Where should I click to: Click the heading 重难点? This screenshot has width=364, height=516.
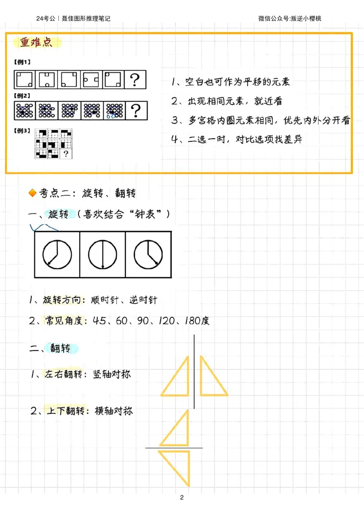(36, 43)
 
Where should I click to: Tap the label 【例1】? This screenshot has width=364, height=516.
(23, 62)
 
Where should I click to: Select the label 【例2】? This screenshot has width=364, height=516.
(23, 96)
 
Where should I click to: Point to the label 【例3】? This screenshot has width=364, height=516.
(23, 131)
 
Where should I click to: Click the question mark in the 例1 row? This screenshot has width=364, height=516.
(135, 80)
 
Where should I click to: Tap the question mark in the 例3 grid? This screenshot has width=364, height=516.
(66, 154)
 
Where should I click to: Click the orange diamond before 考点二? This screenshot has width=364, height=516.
(32, 194)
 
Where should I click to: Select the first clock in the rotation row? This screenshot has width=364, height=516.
(57, 254)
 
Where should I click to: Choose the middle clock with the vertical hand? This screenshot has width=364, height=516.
(102, 254)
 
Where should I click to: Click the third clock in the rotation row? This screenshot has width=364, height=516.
(148, 254)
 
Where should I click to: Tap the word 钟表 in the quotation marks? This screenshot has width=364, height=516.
(145, 214)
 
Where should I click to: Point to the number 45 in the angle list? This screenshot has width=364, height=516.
(100, 321)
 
